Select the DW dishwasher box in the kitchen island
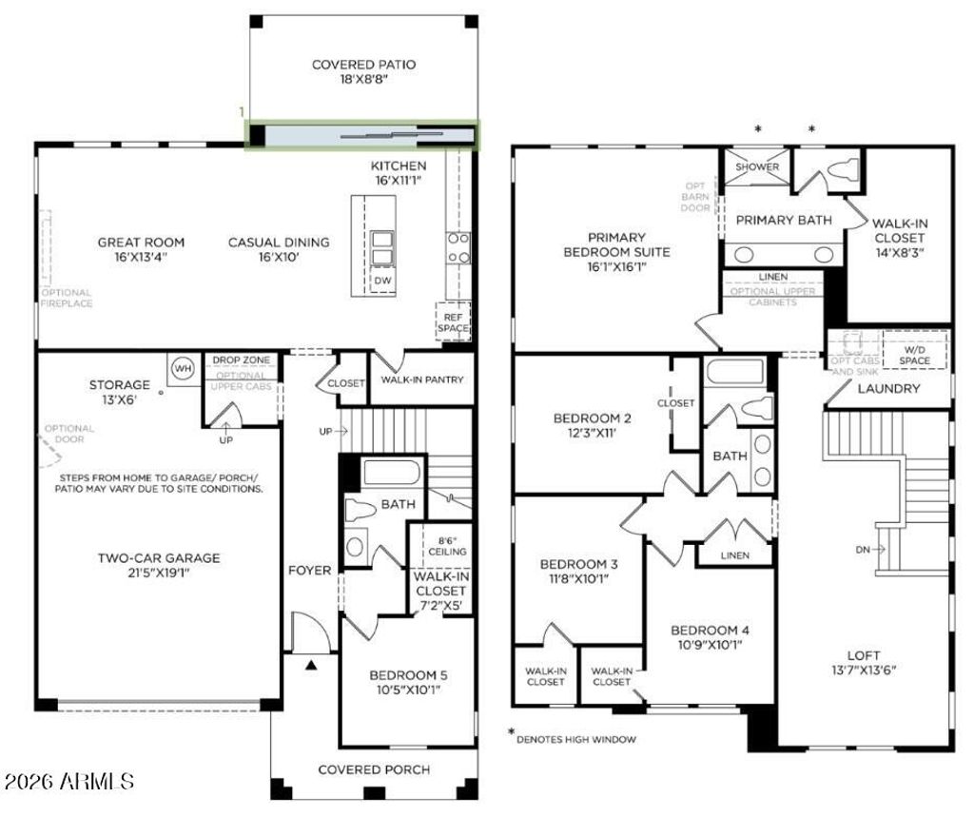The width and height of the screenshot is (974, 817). tap(382, 281)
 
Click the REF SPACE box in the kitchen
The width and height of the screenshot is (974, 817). tap(453, 321)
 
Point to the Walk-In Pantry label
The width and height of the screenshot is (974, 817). tap(421, 380)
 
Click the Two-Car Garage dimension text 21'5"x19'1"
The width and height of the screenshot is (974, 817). tap(158, 574)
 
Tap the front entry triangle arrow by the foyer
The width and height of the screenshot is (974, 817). tap(310, 665)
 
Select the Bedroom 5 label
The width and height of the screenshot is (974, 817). tap(408, 675)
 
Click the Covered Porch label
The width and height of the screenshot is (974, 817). tap(374, 769)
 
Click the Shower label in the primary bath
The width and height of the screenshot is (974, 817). tap(757, 167)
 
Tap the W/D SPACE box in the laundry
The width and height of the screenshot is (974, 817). tap(914, 354)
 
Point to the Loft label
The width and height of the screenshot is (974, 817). tap(864, 655)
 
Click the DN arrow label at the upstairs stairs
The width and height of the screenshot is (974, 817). tap(867, 549)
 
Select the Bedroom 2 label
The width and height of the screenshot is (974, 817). tap(593, 418)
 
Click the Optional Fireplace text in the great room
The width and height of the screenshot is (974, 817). tap(66, 298)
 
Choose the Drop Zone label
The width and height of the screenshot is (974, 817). tap(241, 360)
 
